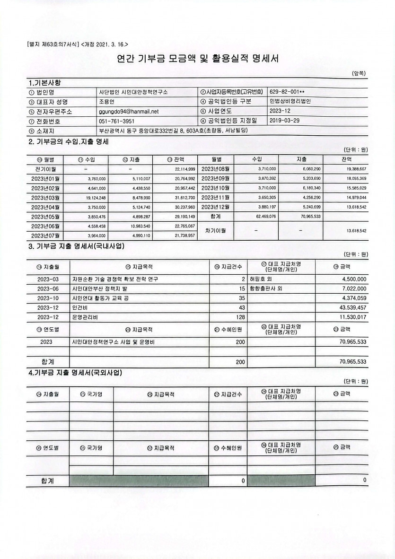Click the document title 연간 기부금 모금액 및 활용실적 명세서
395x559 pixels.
pyautogui.click(x=197, y=59)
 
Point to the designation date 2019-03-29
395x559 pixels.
pyautogui.click(x=285, y=121)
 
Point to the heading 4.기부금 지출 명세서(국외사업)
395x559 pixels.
pyautogui.click(x=76, y=373)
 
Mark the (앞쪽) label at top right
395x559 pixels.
pyautogui.click(x=359, y=73)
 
